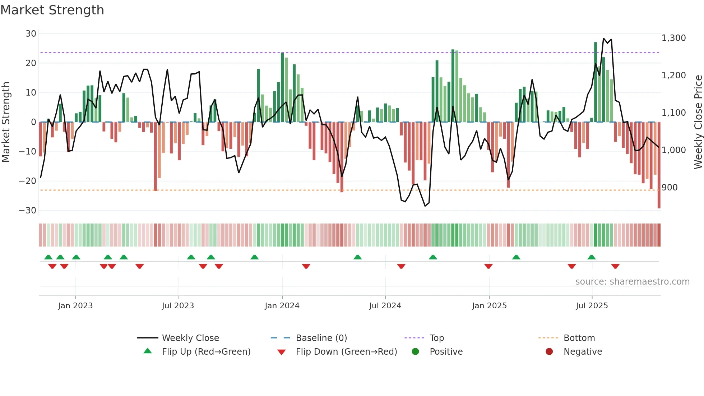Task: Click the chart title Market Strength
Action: [52, 10]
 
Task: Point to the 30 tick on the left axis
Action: [31, 34]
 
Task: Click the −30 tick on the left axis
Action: [28, 211]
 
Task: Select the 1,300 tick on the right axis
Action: [673, 38]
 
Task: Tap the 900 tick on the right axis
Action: [670, 188]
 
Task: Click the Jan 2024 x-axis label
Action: [282, 306]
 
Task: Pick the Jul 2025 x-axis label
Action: [592, 306]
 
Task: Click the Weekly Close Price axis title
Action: [698, 122]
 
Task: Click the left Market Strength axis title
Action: [6, 122]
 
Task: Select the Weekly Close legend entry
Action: [190, 338]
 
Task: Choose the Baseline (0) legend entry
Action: [321, 338]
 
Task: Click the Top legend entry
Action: [436, 338]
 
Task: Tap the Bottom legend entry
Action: [579, 338]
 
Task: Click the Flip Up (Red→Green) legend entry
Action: [206, 352]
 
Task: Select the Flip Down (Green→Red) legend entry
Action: [346, 352]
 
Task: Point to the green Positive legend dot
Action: [415, 352]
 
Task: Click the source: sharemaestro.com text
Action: [632, 282]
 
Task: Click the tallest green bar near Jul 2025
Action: [596, 82]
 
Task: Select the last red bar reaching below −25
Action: [659, 165]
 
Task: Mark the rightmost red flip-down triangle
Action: [615, 266]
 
